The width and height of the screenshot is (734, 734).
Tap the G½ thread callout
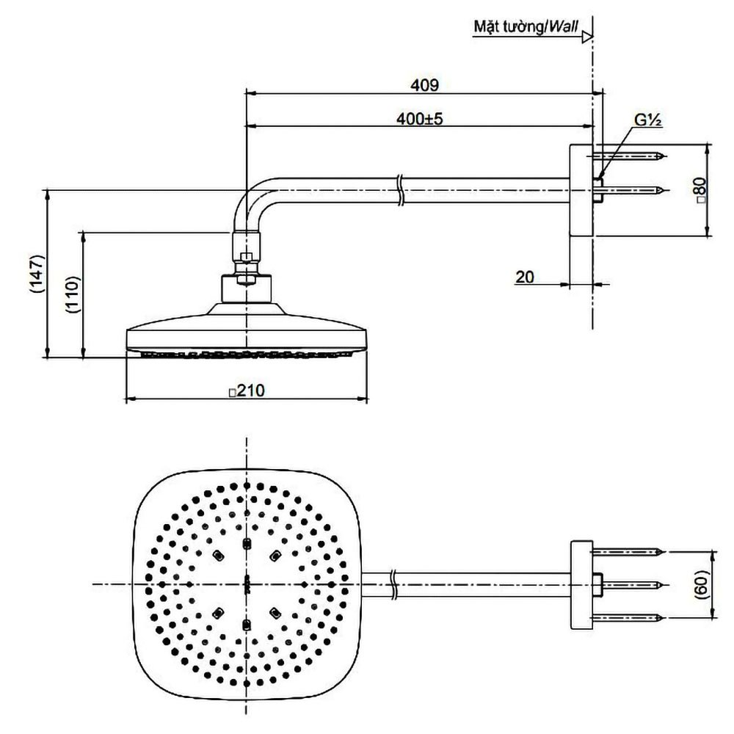tap(650, 121)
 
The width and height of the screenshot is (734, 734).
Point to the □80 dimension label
tap(700, 189)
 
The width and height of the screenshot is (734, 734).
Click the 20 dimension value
tap(525, 277)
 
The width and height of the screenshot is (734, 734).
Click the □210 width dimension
tap(245, 390)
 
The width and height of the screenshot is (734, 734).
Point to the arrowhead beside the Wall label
tap(586, 36)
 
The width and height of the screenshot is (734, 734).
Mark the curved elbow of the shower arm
tap(250, 198)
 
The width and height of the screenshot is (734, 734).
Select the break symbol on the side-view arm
tap(399, 189)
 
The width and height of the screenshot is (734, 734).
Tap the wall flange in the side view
tap(581, 189)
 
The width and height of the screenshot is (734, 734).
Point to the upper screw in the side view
tap(631, 156)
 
